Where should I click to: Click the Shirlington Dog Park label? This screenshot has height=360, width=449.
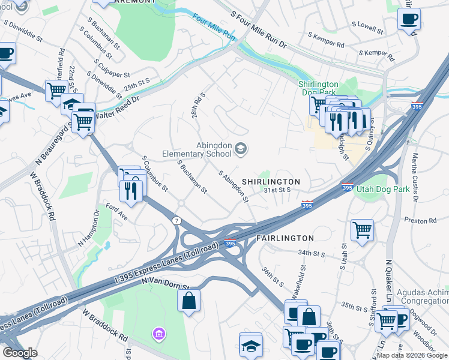(319, 88)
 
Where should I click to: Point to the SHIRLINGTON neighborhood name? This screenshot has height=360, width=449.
(271, 181)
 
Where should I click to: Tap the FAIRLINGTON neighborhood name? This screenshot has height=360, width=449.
(285, 238)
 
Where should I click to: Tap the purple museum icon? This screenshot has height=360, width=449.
(158, 333)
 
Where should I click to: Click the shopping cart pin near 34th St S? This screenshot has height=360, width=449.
(362, 230)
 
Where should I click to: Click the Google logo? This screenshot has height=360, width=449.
(20, 353)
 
